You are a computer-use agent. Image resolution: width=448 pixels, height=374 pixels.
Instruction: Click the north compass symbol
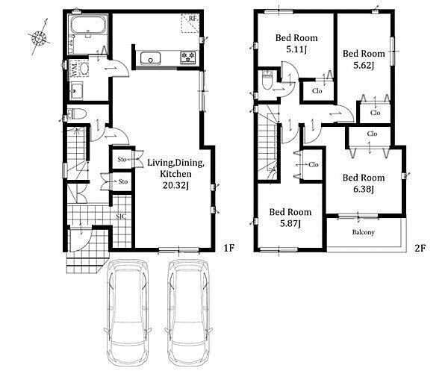point(39,37)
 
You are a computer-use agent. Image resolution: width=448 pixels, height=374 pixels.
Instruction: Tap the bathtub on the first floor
point(88,25)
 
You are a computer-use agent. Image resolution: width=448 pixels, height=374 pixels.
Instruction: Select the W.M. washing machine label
point(74,69)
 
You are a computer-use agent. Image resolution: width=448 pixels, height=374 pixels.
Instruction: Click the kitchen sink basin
point(151,58)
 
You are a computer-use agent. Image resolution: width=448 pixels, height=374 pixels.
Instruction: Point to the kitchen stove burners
point(187,57)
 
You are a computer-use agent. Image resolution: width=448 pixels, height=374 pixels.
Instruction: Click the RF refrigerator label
point(193,18)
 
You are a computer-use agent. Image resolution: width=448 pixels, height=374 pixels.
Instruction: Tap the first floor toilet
point(77,113)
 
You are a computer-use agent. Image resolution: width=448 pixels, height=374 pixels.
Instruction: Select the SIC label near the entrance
point(122,216)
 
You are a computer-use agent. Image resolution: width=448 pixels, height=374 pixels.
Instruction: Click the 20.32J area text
point(175,186)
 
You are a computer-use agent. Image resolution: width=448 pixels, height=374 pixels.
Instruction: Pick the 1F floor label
point(228,248)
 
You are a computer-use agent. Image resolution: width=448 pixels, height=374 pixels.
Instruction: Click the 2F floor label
point(420,248)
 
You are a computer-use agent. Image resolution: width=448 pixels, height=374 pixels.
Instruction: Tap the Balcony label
point(363,232)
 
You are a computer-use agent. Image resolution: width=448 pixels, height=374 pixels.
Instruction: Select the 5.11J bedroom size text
point(296,49)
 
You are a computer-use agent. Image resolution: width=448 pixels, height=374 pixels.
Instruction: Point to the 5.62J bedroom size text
point(364,66)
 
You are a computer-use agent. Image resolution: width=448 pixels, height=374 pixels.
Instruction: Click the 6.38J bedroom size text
point(364,190)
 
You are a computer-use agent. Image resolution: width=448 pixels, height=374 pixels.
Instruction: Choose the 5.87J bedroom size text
point(290,224)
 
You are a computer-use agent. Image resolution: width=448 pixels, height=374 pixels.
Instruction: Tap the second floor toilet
point(267,81)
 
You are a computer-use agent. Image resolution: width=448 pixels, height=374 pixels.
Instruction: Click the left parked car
point(127,311)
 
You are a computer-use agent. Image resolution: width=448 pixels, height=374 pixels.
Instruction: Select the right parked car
point(188,311)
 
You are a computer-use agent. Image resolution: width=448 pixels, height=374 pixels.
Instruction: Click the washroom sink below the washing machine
point(75,90)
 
